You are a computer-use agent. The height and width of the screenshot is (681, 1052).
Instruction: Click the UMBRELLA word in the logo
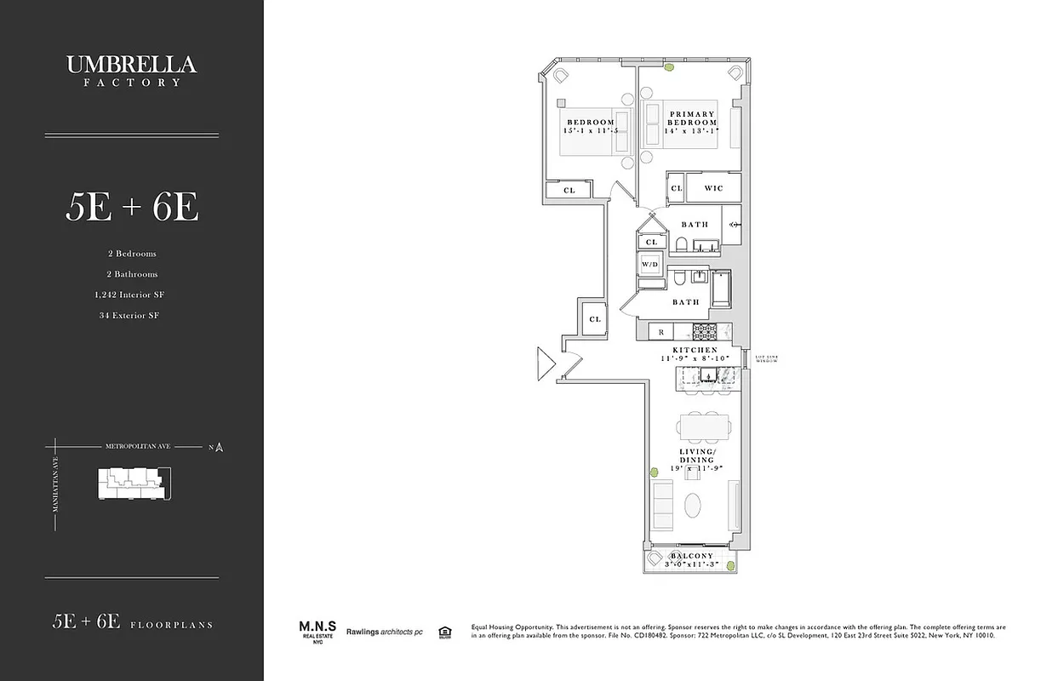tap(131, 65)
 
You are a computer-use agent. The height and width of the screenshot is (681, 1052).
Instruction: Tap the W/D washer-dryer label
tap(649, 265)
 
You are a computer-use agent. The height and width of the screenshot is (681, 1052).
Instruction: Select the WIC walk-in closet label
tap(713, 188)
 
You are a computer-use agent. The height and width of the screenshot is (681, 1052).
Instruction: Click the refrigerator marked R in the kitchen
tap(660, 331)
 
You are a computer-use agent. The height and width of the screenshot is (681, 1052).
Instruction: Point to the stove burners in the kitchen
tap(706, 331)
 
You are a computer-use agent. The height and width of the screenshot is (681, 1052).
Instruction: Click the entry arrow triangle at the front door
tap(545, 363)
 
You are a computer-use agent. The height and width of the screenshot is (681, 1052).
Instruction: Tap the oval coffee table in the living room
tap(694, 504)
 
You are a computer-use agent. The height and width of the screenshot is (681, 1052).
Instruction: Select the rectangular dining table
tap(704, 425)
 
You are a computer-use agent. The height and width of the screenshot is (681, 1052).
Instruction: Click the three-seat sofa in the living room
tap(662, 505)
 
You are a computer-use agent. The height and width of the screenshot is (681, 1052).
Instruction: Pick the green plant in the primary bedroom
tap(671, 66)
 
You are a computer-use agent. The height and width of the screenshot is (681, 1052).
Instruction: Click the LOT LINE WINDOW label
tap(768, 358)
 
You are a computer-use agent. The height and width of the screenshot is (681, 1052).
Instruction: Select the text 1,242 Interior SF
tap(130, 295)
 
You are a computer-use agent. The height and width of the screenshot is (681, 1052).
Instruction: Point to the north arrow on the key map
tap(219, 447)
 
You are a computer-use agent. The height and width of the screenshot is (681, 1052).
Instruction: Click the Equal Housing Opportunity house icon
tap(443, 632)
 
